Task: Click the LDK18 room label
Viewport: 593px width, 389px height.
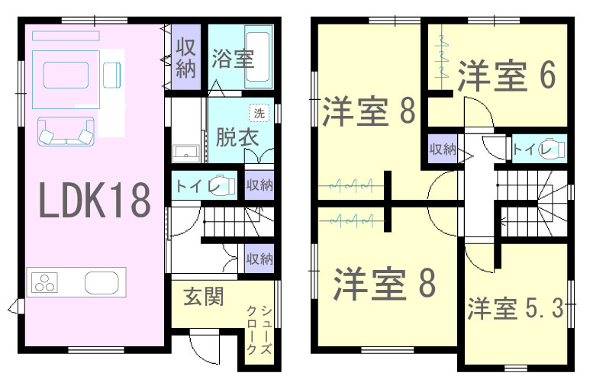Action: (x=95, y=200)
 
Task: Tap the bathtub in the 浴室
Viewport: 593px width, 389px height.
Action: (x=258, y=56)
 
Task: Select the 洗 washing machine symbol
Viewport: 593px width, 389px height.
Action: (x=259, y=113)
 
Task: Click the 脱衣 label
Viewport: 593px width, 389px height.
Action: (x=237, y=137)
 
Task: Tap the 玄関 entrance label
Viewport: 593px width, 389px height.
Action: (x=204, y=296)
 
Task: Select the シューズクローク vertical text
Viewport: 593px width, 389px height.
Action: (x=259, y=330)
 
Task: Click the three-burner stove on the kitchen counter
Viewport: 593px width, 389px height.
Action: (x=44, y=282)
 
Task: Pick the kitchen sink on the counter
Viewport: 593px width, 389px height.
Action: (x=102, y=282)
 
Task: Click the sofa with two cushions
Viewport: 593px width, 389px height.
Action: (x=66, y=130)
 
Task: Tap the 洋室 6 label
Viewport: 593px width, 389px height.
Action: (x=507, y=76)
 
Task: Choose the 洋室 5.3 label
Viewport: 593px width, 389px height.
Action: (x=515, y=307)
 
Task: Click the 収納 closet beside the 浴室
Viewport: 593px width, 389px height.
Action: (x=185, y=57)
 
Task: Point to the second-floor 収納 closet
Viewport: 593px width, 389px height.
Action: (x=443, y=149)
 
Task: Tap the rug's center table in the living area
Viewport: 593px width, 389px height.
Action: (x=66, y=75)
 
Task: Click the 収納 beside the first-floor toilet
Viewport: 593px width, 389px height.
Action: (x=259, y=185)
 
